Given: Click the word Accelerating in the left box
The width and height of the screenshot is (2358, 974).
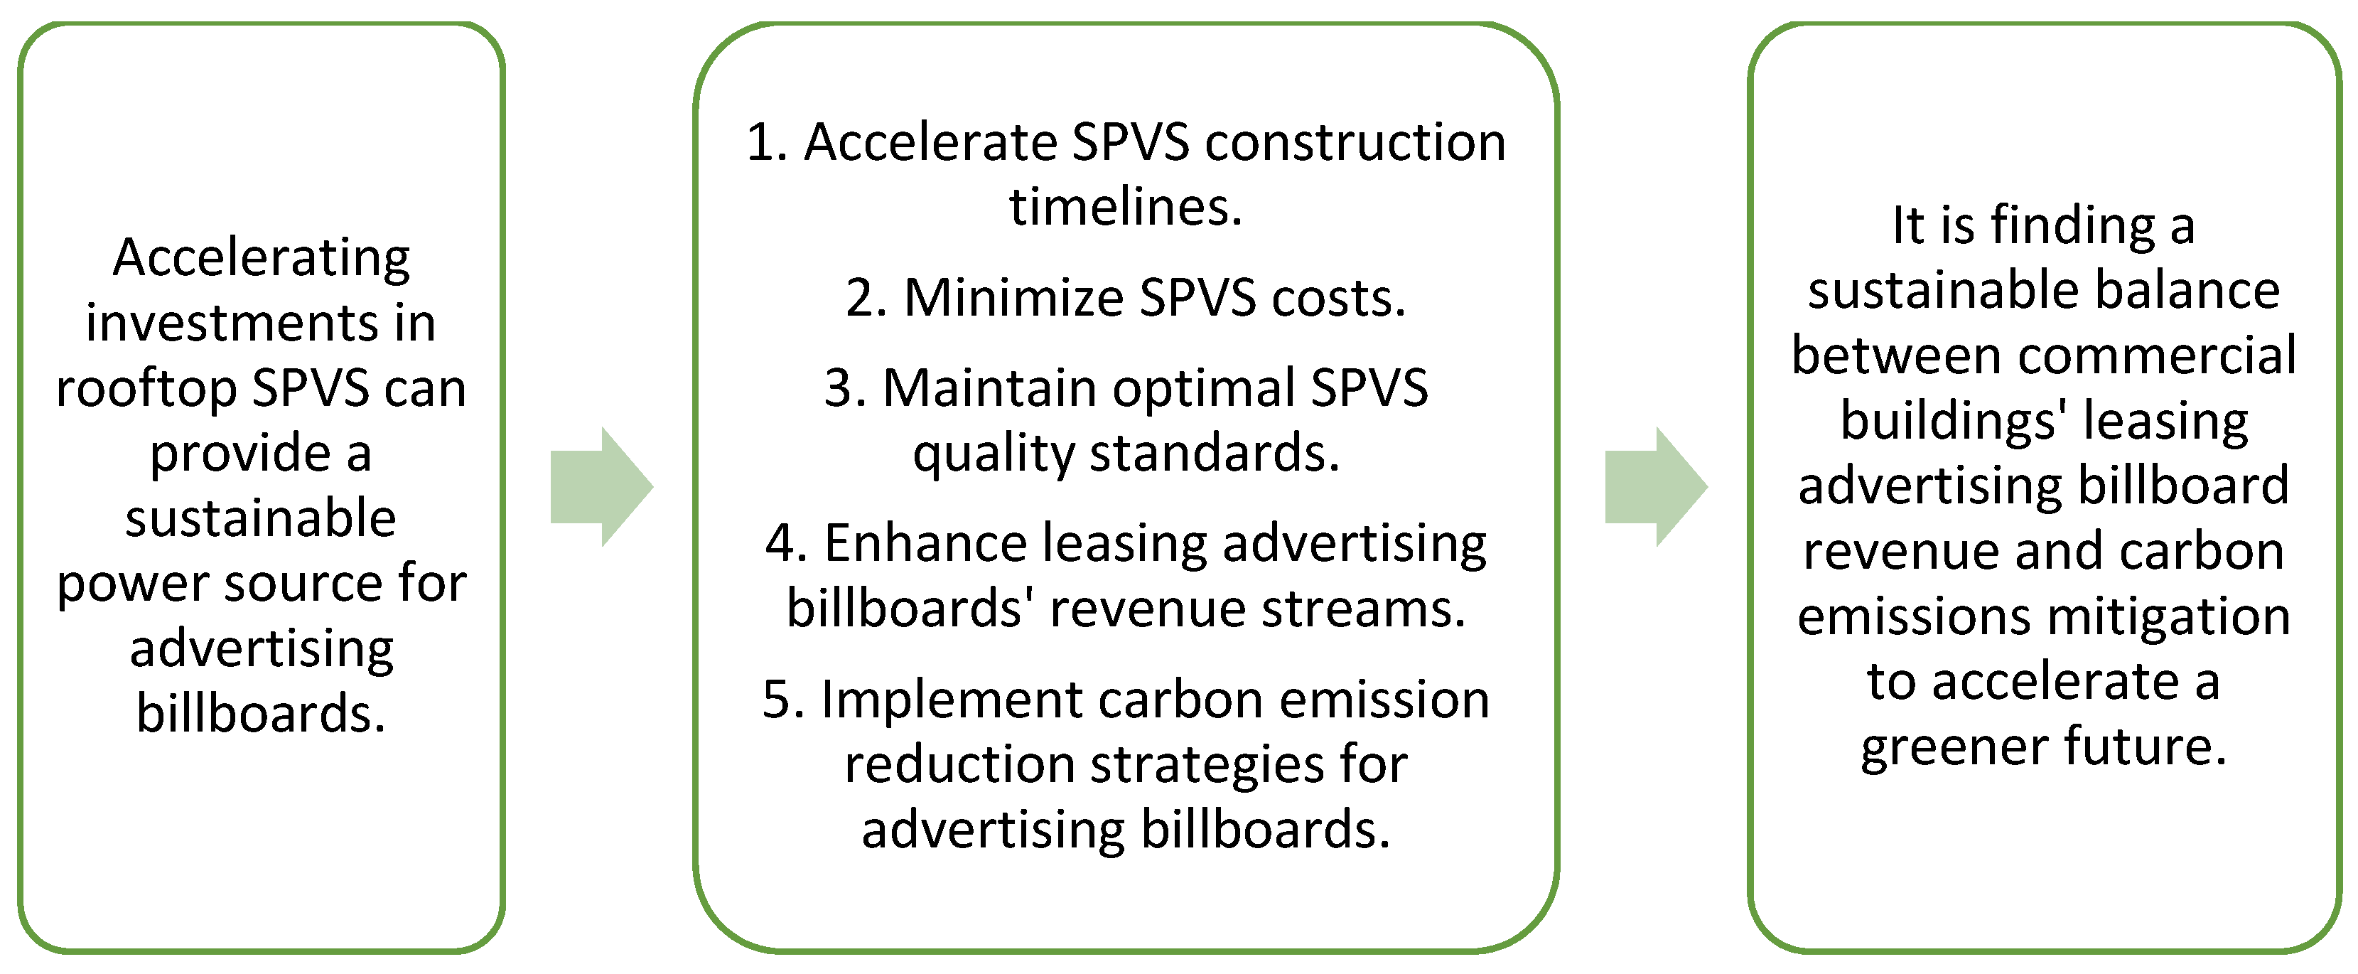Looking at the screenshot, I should pos(261,257).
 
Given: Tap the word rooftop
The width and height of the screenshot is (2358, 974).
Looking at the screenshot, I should pos(146,388).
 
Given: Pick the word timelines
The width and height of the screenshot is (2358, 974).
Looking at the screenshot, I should pos(1126,207).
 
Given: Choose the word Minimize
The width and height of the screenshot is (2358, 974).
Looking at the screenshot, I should pos(1014,299).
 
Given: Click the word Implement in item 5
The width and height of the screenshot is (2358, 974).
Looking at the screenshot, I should pos(952,700).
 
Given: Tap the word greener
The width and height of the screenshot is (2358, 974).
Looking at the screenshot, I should pos(1952,747).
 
